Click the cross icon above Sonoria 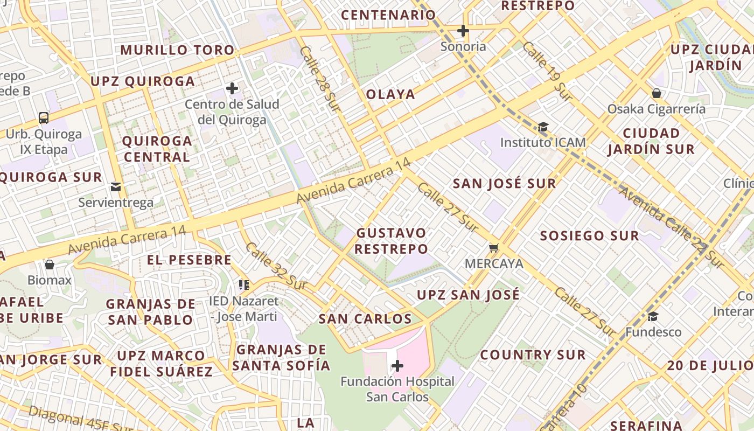463,31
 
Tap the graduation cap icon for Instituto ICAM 543,127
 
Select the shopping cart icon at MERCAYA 494,248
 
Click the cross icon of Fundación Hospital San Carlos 397,366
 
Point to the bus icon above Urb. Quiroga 44,117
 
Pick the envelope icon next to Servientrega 116,187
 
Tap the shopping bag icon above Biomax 50,265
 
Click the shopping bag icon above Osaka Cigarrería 657,93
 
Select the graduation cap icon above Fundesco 653,316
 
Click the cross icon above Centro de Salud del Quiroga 232,88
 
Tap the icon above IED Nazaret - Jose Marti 244,284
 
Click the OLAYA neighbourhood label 390,94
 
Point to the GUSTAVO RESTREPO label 392,241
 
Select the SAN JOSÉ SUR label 504,184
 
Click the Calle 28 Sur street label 320,79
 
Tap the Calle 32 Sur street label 275,266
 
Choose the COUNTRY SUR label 533,355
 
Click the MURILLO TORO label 177,51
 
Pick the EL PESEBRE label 189,260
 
